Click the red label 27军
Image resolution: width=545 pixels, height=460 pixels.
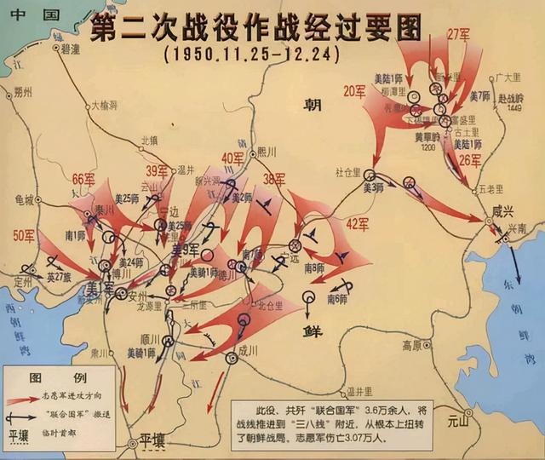(459, 34)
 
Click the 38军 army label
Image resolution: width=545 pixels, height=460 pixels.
(274, 179)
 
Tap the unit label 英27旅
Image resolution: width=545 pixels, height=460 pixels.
(60, 275)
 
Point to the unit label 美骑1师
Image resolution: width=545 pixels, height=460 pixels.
(141, 351)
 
